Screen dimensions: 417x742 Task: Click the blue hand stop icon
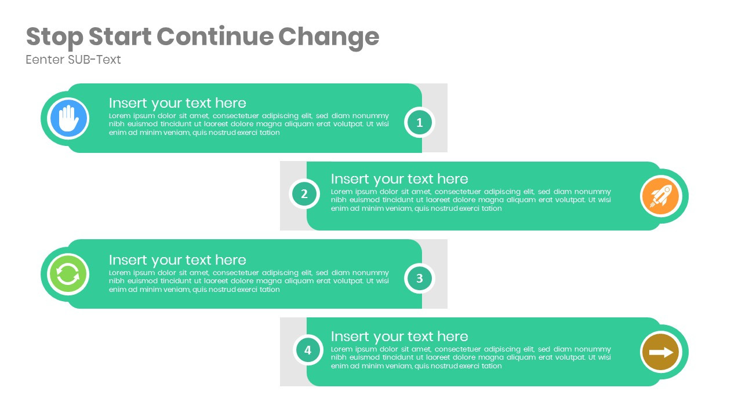[68, 119]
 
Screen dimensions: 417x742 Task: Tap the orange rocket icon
[660, 196]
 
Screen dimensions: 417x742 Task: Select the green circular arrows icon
[68, 275]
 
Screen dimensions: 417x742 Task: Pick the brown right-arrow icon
[660, 352]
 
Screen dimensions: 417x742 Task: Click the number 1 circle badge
[419, 122]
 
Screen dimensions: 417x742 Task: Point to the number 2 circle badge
[304, 194]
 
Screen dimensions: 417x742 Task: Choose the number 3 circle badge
[419, 278]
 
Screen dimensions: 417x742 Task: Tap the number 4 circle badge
[308, 350]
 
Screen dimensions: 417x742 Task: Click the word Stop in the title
[54, 37]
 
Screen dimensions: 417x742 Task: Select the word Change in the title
[329, 37]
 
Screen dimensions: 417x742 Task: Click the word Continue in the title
[214, 37]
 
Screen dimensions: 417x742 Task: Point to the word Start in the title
[119, 37]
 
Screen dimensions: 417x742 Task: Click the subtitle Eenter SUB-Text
[73, 60]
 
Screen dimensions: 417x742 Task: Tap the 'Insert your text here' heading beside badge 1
[177, 103]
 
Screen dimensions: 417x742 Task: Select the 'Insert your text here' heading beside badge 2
[399, 179]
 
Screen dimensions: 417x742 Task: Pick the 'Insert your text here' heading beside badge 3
[177, 260]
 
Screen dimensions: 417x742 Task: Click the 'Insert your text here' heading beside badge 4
[399, 336]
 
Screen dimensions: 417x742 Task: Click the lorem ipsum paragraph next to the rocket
[471, 200]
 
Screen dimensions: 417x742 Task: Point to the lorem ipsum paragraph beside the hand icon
[249, 124]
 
